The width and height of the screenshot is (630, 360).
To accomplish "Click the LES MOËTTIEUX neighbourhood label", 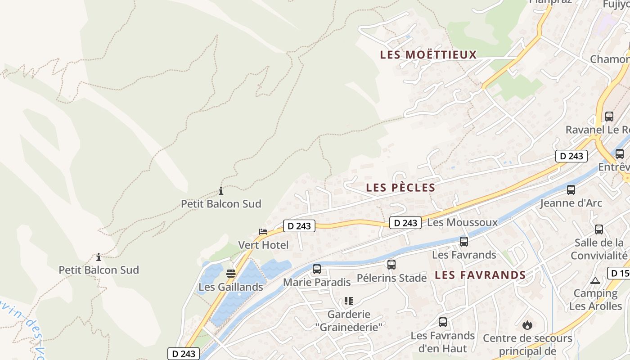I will pos(428,55).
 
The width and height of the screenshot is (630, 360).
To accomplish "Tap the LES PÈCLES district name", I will pos(400,188).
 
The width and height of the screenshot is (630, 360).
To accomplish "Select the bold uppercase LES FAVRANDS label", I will pos(480,275).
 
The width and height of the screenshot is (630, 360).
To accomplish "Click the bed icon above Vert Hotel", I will pos(263,232).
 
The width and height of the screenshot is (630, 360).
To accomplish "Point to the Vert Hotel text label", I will pos(263,245).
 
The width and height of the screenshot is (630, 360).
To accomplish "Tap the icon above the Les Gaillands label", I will pos(231,273).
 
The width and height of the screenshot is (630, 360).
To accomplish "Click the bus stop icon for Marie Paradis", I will pos(317,269).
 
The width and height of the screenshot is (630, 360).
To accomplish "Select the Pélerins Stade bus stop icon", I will pos(391,265).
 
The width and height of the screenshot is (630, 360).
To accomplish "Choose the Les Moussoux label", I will pos(462,222).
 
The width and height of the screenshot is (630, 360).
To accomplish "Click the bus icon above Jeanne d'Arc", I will pos(571,190).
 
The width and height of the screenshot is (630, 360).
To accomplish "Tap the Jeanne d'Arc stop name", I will pos(571,203).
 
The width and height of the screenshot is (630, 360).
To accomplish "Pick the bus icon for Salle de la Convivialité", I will pos(599,229).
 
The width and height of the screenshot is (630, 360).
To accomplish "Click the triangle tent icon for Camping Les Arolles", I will pos(595,281).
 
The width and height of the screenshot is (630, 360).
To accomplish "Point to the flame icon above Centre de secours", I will pos(527,325).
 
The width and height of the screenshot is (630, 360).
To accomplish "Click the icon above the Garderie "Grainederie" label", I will pos(349,301).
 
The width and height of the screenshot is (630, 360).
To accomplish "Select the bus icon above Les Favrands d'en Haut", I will pos(443,322).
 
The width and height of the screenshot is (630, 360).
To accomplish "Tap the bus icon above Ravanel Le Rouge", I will pos(609,117).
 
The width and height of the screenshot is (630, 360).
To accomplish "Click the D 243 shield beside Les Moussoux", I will pos(405,223).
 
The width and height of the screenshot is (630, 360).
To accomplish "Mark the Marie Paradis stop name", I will pos(316,283).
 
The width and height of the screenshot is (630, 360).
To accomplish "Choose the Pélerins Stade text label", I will pos(391,278).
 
